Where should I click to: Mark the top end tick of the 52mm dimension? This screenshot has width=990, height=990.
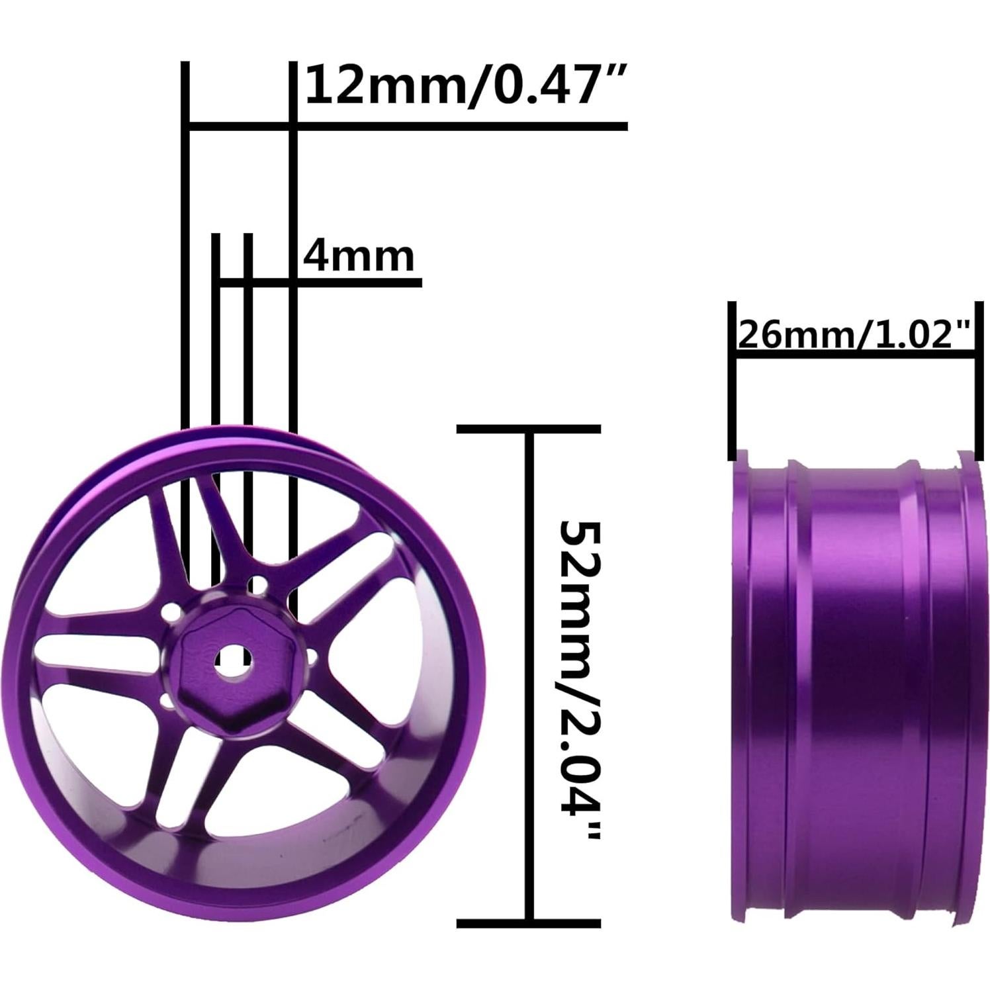[x=529, y=429]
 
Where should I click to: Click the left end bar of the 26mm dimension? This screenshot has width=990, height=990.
[x=732, y=381]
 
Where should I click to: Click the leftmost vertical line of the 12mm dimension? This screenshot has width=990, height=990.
[x=186, y=265]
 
